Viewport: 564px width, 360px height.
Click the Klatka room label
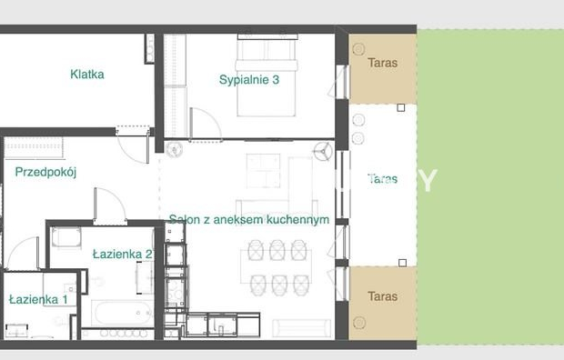point(87,75)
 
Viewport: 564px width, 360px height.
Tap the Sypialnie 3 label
point(249,79)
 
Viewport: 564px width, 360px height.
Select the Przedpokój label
point(45,172)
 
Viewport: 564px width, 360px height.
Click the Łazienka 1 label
point(38,299)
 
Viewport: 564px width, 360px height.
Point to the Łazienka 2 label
point(122,255)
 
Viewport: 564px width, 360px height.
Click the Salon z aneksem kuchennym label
point(249,219)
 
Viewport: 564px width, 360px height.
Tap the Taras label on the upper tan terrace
point(382,63)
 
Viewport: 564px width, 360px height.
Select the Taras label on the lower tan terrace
point(382,296)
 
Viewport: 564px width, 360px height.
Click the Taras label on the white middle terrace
point(382,179)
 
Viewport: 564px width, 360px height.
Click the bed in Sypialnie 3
point(267,75)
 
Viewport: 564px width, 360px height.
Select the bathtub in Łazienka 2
point(123,314)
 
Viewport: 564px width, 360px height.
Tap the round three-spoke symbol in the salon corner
point(323,152)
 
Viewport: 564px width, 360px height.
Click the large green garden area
point(490,187)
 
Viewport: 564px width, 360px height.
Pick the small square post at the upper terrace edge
point(400,108)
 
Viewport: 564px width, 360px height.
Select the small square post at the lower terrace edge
point(402,263)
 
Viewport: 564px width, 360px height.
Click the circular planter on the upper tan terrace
point(358,49)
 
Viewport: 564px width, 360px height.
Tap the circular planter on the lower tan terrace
point(359,323)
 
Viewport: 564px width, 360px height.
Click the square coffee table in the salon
point(263,171)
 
